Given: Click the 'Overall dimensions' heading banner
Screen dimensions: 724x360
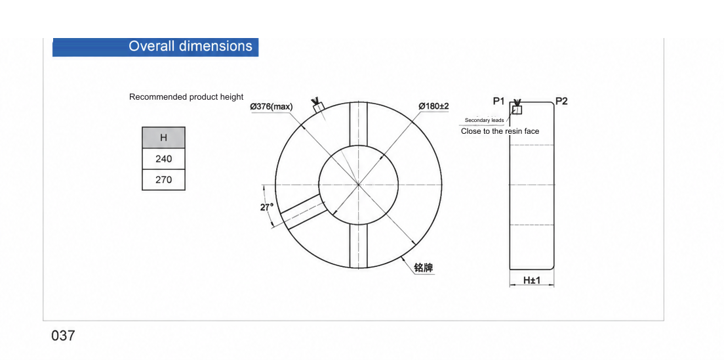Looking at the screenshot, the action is [x=155, y=47].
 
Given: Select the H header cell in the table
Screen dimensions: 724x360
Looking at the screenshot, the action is [x=163, y=138].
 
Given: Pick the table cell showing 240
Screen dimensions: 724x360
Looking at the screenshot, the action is [x=163, y=159].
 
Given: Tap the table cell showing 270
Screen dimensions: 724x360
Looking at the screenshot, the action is [x=163, y=180].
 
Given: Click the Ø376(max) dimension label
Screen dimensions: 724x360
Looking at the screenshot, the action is [x=271, y=107].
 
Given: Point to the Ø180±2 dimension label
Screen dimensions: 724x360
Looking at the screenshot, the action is [x=434, y=106].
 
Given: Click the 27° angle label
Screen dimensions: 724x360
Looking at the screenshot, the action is [x=267, y=207].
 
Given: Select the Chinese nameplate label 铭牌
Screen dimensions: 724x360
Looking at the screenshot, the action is [x=424, y=268].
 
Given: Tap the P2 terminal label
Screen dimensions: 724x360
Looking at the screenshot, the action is [x=561, y=101].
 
